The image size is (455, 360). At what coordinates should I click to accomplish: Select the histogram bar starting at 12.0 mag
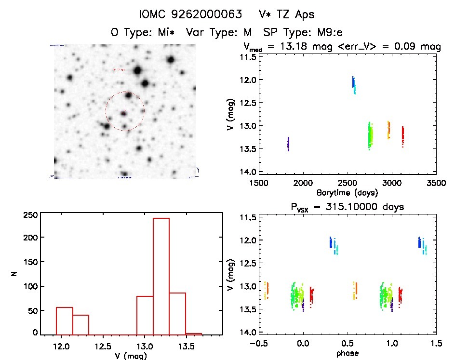[65, 320]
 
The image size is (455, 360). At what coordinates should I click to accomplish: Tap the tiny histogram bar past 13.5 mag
[194, 333]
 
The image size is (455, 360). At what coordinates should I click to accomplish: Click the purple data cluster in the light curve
[288, 144]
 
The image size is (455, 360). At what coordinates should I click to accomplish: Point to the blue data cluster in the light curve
[353, 82]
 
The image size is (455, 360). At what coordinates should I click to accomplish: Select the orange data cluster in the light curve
[388, 129]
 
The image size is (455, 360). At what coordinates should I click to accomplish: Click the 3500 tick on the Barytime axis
[436, 183]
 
